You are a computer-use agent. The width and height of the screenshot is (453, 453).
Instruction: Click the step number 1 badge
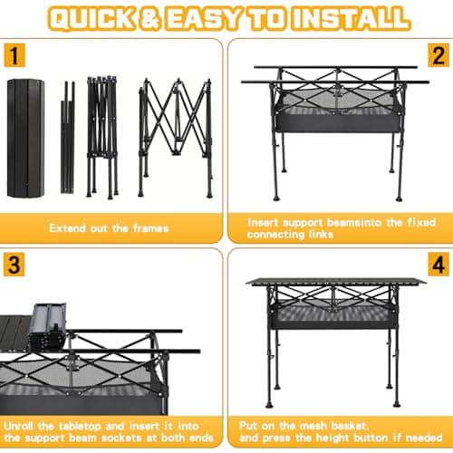click(x=13, y=54)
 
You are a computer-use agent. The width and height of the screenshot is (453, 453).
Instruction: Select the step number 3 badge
click(x=13, y=266)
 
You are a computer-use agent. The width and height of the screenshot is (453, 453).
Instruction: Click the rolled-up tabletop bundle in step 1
click(x=24, y=138)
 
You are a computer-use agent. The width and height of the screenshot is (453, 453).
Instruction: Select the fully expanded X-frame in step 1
click(x=176, y=136)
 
